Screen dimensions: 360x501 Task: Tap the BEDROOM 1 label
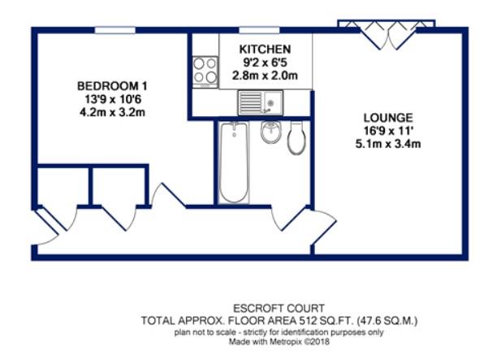tap(112, 86)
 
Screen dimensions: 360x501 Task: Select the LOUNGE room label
tap(389, 117)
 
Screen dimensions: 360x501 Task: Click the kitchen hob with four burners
tap(205, 71)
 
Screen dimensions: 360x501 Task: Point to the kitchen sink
tap(259, 103)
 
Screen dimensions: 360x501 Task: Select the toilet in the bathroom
tap(296, 137)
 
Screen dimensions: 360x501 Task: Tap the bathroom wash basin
tap(270, 132)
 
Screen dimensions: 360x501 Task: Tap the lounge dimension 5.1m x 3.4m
tap(389, 145)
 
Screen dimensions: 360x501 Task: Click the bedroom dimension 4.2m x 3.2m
tap(112, 113)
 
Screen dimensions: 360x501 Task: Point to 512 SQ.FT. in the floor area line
tap(316, 320)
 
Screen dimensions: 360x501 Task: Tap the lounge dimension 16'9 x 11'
tap(389, 131)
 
